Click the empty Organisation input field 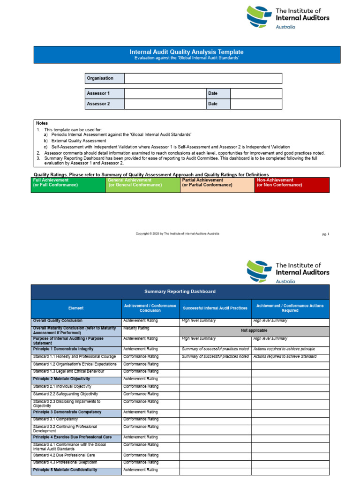[x=203, y=78]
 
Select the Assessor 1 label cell [x=105, y=93]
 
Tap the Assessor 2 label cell [x=105, y=104]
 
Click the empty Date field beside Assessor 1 [x=256, y=93]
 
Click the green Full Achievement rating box [x=68, y=185]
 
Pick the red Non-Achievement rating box [x=292, y=185]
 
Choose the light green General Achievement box [x=143, y=185]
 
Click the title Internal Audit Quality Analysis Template [x=186, y=52]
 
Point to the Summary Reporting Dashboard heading [x=180, y=292]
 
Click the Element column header [x=76, y=308]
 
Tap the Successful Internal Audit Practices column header [x=215, y=308]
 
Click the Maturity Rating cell [x=150, y=329]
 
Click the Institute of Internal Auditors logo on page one [x=288, y=18]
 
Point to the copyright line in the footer [x=177, y=233]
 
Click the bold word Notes [x=42, y=123]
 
